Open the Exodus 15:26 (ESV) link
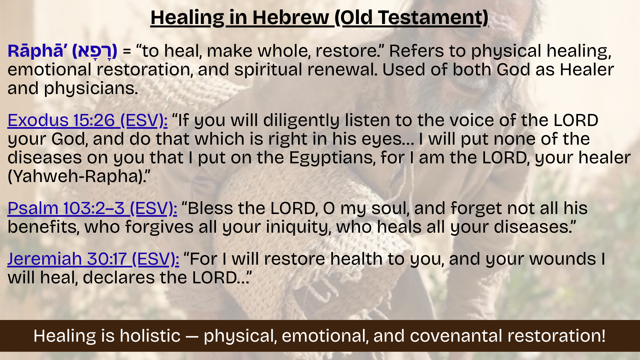click(87, 120)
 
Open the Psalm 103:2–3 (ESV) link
click(92, 208)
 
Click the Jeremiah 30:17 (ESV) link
click(93, 259)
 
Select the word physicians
click(91, 89)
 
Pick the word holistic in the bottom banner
click(150, 336)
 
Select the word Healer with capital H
click(587, 70)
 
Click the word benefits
click(43, 227)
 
